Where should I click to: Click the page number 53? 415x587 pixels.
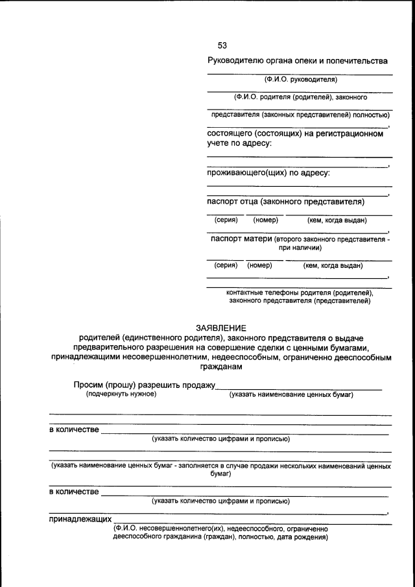[222, 45]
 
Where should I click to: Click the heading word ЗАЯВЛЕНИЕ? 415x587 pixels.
[221, 328]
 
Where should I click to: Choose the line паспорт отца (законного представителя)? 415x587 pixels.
[285, 202]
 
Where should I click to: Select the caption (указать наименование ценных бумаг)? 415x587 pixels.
[292, 394]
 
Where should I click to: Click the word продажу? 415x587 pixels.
[197, 385]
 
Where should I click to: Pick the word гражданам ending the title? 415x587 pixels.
[221, 366]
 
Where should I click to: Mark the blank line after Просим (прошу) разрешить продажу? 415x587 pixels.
[298, 388]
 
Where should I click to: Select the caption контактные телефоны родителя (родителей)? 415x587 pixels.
[300, 293]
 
